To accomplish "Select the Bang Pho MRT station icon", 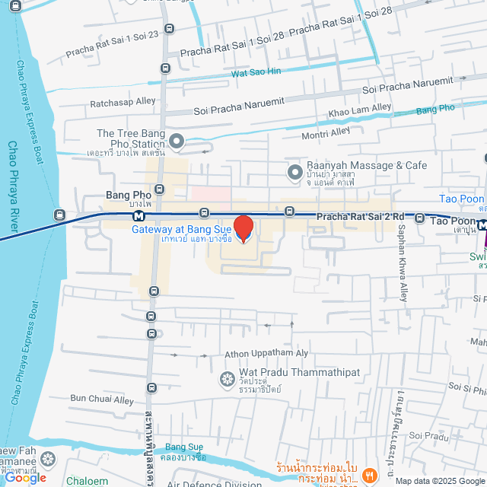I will point(139,217).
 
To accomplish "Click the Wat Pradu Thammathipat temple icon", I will point(226,378).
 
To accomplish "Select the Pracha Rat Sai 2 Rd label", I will point(364,217).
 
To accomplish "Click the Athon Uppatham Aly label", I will point(266,354).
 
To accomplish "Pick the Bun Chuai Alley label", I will point(102,398).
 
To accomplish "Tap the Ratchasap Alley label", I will point(123,101).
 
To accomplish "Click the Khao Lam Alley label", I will point(359,111).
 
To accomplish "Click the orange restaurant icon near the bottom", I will point(368,474).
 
